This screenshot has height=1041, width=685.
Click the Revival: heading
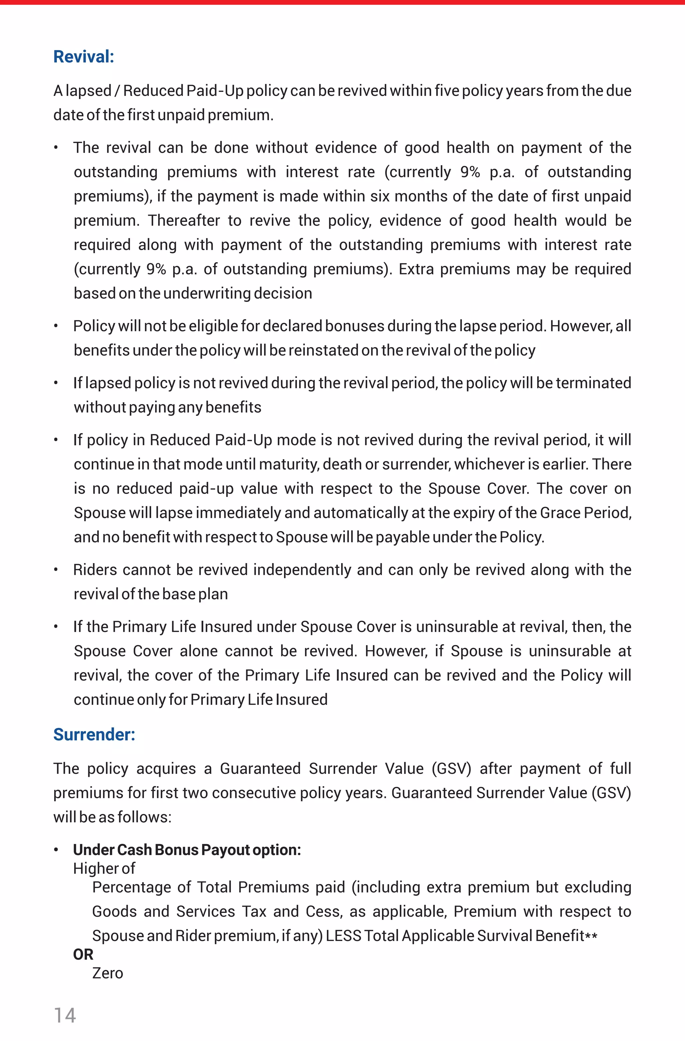pyautogui.click(x=84, y=57)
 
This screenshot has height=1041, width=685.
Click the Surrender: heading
pyautogui.click(x=94, y=734)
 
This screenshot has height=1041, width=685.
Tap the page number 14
pyautogui.click(x=65, y=1015)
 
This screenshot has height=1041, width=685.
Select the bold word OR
pyautogui.click(x=83, y=954)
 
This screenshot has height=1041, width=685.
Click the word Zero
pyautogui.click(x=108, y=973)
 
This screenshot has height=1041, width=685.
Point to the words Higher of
pyautogui.click(x=104, y=868)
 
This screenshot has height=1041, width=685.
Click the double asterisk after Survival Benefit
pyautogui.click(x=591, y=936)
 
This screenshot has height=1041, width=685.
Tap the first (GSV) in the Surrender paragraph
pyautogui.click(x=452, y=768)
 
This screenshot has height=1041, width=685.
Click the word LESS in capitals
pyautogui.click(x=344, y=936)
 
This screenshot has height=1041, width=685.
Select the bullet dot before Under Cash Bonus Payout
pyautogui.click(x=56, y=849)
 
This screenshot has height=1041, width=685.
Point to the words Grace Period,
pyautogui.click(x=586, y=513)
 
